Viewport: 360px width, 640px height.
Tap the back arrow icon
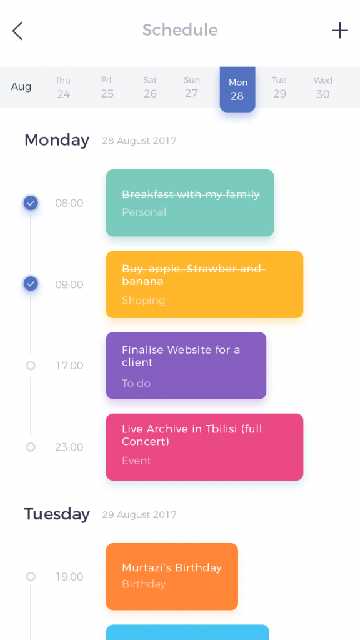pyautogui.click(x=17, y=31)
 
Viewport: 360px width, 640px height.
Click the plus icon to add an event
pyautogui.click(x=339, y=31)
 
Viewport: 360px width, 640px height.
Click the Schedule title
pyautogui.click(x=180, y=30)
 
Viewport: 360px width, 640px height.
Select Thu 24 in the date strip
pyautogui.click(x=63, y=87)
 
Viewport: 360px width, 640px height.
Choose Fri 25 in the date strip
pyautogui.click(x=107, y=87)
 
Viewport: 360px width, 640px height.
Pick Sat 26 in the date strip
pyautogui.click(x=150, y=87)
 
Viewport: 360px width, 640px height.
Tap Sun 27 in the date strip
pyautogui.click(x=191, y=87)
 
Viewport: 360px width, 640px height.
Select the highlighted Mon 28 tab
pyautogui.click(x=237, y=89)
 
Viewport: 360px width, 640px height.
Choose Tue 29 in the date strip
pyautogui.click(x=279, y=87)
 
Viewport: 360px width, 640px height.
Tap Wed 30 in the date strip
pyautogui.click(x=323, y=87)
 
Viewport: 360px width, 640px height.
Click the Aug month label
pyautogui.click(x=21, y=86)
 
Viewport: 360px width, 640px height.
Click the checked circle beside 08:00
pyautogui.click(x=31, y=203)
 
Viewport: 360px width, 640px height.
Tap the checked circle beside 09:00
pyautogui.click(x=31, y=284)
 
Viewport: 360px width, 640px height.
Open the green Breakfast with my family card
pyautogui.click(x=190, y=203)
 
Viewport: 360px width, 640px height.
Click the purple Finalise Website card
pyautogui.click(x=186, y=365)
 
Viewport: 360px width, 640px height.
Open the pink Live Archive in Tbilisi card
pyautogui.click(x=204, y=447)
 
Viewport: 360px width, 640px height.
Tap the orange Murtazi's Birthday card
pyautogui.click(x=172, y=576)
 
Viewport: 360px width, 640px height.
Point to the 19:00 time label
pyautogui.click(x=69, y=577)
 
